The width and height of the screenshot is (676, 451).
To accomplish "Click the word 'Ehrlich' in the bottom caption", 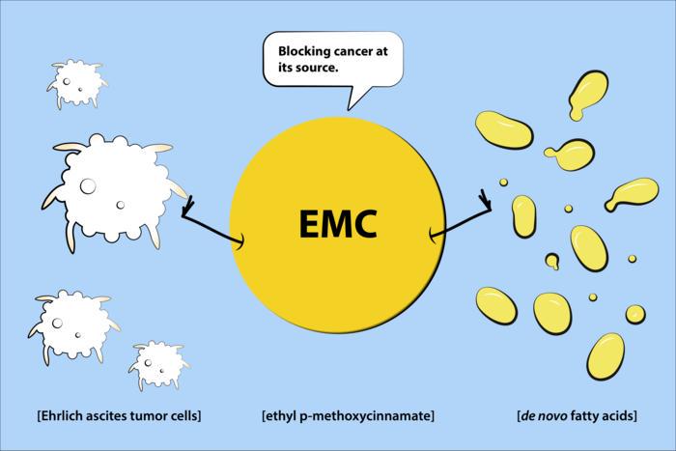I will [61, 416].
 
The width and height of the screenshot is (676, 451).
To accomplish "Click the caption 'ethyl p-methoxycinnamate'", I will [348, 416].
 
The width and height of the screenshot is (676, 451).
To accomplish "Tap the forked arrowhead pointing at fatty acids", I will [487, 202].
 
